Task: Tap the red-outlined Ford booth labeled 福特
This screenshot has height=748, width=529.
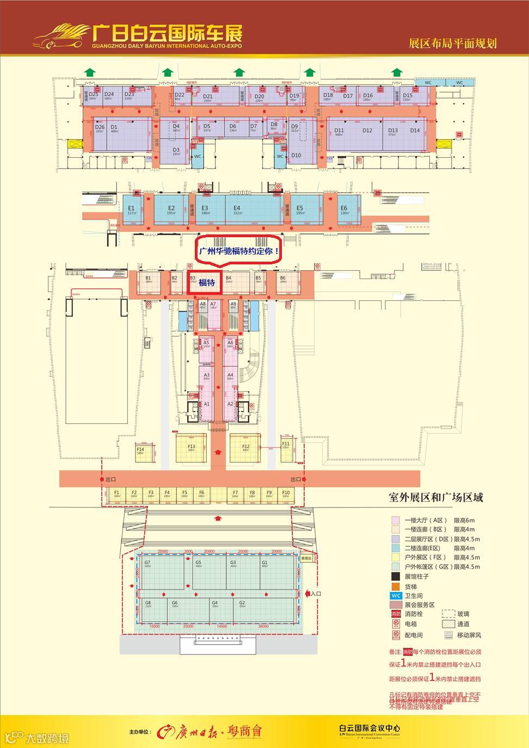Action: (205, 283)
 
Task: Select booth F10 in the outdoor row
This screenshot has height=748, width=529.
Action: (286, 494)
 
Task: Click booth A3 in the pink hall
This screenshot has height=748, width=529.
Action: (206, 377)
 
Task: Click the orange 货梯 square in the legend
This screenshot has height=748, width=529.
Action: (396, 586)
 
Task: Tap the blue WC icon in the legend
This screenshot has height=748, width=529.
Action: (396, 596)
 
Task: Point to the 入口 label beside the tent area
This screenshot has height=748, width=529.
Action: (316, 594)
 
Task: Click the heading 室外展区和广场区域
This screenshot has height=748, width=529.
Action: (435, 497)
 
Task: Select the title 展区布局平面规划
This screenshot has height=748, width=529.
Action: (453, 44)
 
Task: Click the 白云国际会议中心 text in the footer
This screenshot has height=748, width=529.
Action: (370, 727)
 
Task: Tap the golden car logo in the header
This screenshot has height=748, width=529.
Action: (60, 35)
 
